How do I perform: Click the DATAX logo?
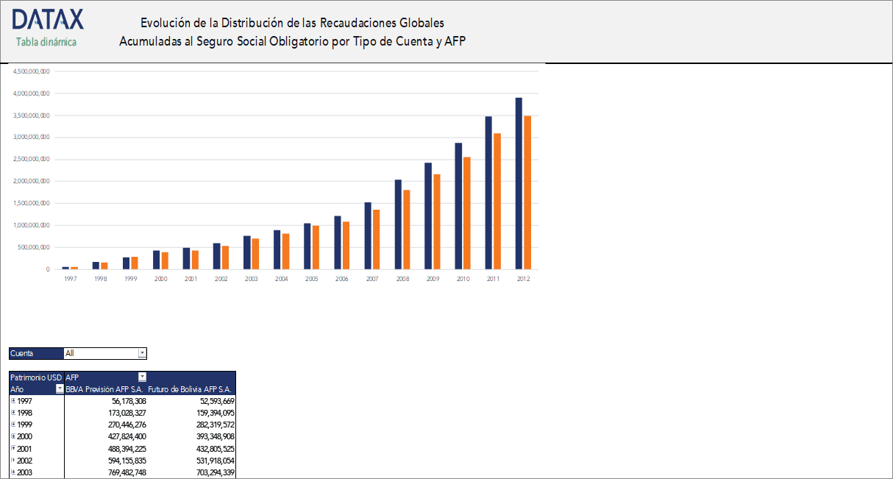(48, 20)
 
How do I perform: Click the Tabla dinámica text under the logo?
(46, 42)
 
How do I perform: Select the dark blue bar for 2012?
(519, 183)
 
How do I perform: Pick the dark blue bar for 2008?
(398, 224)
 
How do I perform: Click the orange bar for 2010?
(466, 213)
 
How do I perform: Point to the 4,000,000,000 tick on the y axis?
(31, 93)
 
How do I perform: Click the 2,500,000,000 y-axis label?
(31, 159)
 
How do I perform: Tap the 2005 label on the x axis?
(312, 280)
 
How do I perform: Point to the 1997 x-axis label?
(70, 280)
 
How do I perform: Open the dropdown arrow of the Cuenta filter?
(142, 353)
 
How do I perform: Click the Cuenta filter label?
(22, 353)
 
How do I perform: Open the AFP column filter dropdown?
(142, 377)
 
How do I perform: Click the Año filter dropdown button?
(60, 388)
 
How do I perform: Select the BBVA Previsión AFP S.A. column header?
(104, 388)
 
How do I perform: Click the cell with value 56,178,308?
(129, 401)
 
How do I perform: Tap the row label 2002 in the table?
(25, 460)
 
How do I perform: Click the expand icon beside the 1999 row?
(13, 425)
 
